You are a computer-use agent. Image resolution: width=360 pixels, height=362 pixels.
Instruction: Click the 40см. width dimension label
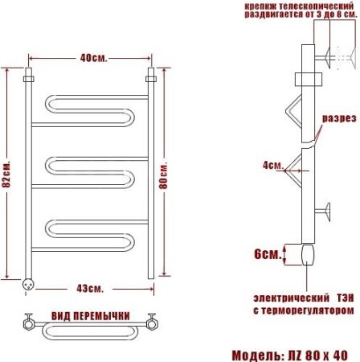coord(94,58)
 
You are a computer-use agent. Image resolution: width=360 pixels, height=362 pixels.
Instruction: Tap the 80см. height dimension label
coord(163,175)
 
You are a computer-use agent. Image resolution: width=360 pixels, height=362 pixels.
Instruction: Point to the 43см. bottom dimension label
coord(90,289)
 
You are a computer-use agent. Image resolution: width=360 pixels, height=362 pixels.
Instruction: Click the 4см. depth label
coord(273,165)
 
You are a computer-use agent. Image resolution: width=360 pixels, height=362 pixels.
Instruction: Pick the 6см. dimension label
coord(268,254)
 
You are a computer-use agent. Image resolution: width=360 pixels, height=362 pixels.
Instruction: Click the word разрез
coord(339,118)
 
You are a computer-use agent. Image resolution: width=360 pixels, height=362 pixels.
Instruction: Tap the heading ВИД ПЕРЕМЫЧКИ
coord(91,316)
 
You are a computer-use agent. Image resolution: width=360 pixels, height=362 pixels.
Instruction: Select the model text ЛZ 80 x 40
coord(317,356)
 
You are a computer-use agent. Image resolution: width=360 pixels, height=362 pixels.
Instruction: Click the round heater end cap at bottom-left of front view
coord(28,284)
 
